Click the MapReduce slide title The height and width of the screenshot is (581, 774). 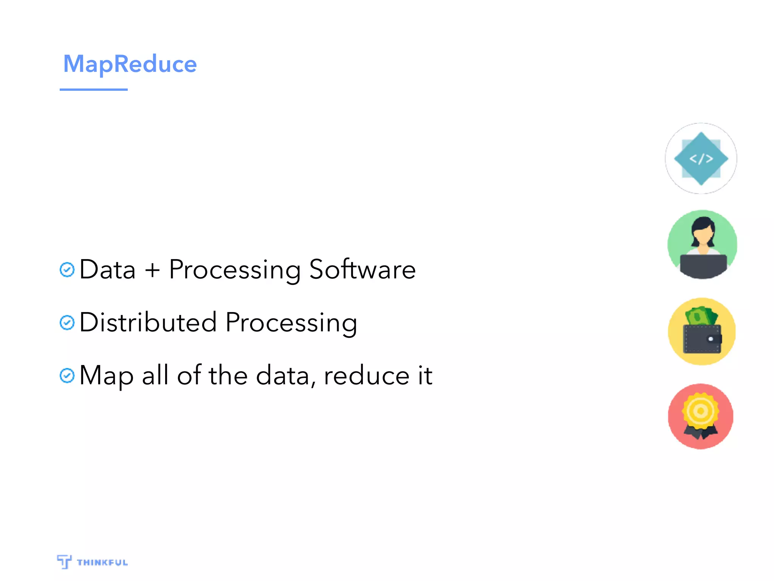(130, 64)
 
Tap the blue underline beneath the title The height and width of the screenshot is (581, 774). (94, 90)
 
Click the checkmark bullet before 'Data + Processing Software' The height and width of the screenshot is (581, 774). (67, 270)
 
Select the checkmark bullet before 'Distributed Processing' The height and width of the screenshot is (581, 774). (67, 323)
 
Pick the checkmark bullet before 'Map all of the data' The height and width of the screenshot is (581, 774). (67, 376)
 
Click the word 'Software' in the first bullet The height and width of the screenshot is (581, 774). (362, 270)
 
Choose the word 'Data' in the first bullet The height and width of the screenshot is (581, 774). (108, 270)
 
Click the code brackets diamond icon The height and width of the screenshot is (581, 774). (701, 158)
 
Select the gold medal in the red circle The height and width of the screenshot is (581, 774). (700, 411)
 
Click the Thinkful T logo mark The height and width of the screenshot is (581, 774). (64, 561)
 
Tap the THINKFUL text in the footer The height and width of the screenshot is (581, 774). (102, 562)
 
